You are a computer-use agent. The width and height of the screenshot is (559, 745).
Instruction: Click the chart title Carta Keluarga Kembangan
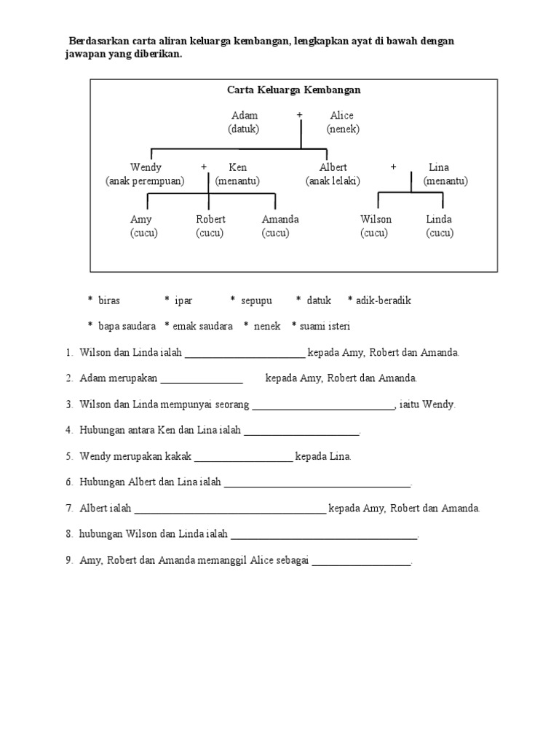pos(294,90)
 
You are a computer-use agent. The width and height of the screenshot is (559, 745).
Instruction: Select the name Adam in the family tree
pos(244,116)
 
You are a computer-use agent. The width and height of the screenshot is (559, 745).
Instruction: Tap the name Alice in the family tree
pos(341,116)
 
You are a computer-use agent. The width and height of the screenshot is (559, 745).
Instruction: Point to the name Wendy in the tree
pos(146,167)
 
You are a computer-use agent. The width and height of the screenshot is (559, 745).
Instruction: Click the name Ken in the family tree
pos(237,167)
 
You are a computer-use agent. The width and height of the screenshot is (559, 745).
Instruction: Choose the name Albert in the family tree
pos(333,167)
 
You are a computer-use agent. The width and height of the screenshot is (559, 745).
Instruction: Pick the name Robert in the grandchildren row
pos(210,219)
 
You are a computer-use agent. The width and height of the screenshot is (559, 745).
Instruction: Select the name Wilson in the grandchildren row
pos(376,219)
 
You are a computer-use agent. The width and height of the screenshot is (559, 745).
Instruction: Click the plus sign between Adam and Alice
pos(299,116)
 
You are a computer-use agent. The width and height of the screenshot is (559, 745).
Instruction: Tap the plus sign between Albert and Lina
pos(393,167)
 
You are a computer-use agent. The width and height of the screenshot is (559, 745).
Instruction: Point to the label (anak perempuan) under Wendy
pos(145,181)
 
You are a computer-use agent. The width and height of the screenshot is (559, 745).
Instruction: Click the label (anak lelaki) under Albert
pos(333,181)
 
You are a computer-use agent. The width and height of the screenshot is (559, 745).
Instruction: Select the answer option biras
pos(108,300)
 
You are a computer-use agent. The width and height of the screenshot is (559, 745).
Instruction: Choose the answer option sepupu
pos(255,300)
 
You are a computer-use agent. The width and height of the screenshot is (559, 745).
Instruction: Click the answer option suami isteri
pos(325,326)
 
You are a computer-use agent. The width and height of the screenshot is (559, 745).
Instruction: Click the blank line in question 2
pos(202,381)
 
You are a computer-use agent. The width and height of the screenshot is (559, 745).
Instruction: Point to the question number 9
pos(68,560)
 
